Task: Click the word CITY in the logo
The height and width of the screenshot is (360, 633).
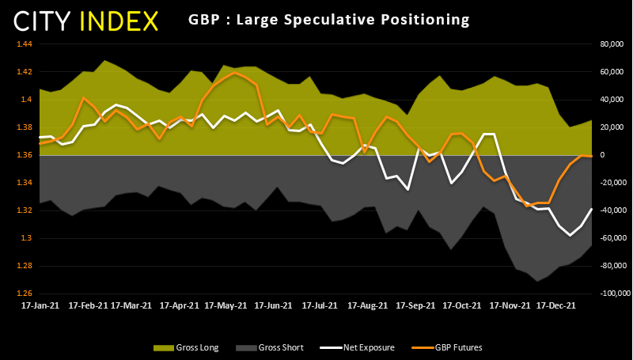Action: tap(42, 21)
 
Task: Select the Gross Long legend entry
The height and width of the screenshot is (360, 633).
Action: tap(186, 347)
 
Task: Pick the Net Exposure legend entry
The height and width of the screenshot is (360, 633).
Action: tap(358, 347)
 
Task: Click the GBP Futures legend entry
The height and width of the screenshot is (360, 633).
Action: tap(447, 347)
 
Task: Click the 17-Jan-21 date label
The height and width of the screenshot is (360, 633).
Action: tap(40, 305)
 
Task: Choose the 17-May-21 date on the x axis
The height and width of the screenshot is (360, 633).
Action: tap(226, 305)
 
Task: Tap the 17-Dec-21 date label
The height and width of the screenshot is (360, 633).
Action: tap(556, 305)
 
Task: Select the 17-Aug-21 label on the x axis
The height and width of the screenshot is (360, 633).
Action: tap(368, 305)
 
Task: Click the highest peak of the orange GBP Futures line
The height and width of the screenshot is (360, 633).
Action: tap(234, 73)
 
